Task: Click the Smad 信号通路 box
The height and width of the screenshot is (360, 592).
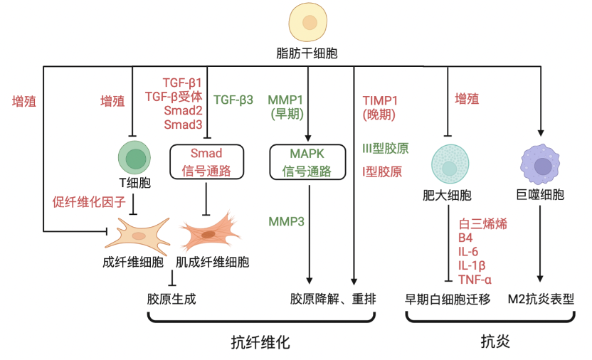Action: pos(206,162)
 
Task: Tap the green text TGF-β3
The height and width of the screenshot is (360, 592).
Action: pos(233,100)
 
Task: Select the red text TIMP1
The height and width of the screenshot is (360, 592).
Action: pos(379,100)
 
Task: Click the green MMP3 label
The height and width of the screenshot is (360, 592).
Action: pos(286,221)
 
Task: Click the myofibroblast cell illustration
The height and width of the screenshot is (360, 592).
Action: pos(208,232)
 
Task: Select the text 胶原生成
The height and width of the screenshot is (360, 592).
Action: pos(171,299)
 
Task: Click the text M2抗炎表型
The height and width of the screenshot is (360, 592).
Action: pos(541,299)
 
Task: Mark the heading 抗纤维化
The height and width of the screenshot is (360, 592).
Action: pos(260,342)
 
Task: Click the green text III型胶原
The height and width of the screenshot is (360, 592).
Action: pos(385,149)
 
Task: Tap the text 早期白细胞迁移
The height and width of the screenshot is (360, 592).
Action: pos(448,299)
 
